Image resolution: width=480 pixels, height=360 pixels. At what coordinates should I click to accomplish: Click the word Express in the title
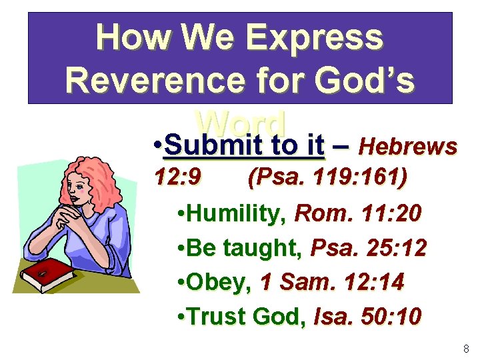(315, 38)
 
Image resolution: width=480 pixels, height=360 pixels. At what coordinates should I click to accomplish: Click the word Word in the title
(241, 121)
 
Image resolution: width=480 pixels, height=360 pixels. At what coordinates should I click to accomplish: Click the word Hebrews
(407, 146)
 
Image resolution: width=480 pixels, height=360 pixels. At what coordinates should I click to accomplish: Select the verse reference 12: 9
(178, 178)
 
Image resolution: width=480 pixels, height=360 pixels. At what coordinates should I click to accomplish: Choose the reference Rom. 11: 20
(358, 214)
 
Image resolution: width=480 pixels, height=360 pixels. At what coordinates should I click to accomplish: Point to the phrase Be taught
(245, 249)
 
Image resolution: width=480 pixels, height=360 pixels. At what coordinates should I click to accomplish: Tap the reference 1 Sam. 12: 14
(332, 283)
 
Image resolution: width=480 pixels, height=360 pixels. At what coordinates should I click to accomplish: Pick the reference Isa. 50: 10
(367, 317)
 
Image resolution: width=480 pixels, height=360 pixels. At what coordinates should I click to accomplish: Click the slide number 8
(465, 349)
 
